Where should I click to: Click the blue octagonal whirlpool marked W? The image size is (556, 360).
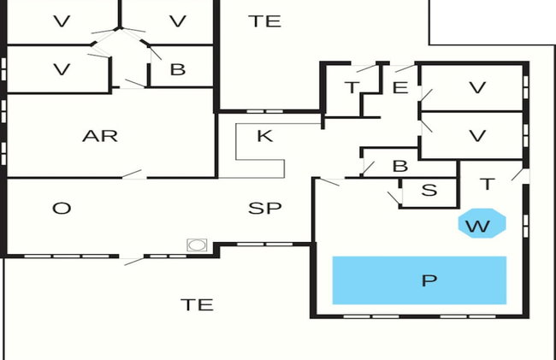tap(482, 223)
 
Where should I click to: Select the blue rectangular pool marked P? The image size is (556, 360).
tap(419, 280)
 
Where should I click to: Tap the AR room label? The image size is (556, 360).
tap(100, 136)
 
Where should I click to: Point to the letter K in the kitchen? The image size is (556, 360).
tap(265, 136)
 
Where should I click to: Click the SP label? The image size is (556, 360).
tap(265, 208)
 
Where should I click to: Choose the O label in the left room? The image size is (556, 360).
tap(62, 208)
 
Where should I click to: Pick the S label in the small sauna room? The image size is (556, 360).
tap(429, 190)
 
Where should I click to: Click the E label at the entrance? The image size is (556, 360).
tap(400, 87)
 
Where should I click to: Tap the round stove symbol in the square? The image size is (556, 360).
tap(197, 245)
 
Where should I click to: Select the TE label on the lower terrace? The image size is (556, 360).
tap(197, 304)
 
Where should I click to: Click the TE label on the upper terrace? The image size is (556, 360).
tap(265, 21)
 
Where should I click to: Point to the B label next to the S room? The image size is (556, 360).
tap(400, 166)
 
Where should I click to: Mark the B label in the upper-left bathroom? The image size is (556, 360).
tap(178, 69)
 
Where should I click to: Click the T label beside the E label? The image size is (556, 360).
tap(352, 87)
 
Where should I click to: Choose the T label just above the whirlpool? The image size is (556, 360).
tap(488, 184)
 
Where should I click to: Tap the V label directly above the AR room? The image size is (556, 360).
tap(62, 69)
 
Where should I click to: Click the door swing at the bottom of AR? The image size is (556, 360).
tap(132, 174)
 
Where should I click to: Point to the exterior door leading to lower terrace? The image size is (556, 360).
tap(133, 262)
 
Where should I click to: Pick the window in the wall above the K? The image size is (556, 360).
tap(265, 111)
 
